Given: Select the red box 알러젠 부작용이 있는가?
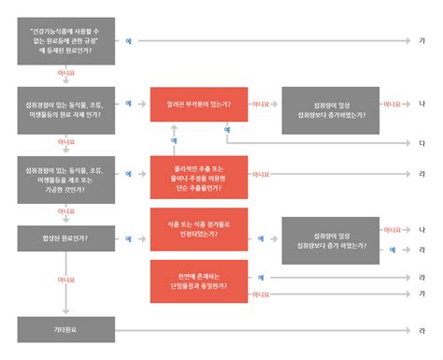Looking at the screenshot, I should point(198,104).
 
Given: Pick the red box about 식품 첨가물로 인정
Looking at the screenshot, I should point(198,229).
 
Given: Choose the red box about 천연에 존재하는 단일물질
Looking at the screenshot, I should point(198,282).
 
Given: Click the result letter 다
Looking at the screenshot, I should point(422,143).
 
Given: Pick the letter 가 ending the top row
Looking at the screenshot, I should point(422,41).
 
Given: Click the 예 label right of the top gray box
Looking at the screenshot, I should point(128,41).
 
